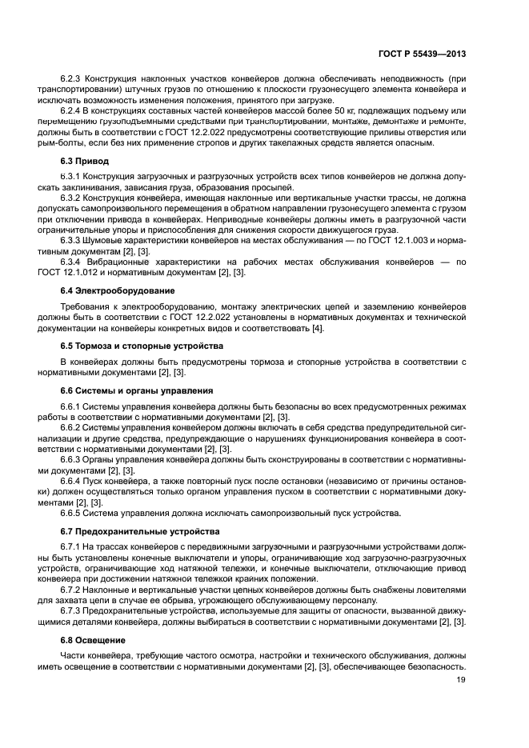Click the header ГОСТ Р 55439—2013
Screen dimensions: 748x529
[x=422, y=54]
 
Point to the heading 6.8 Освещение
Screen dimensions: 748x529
[x=94, y=640]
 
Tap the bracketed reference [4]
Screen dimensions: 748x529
[x=318, y=328]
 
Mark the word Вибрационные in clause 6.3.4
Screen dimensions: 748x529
[x=127, y=262]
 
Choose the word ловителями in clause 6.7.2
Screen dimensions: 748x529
[x=439, y=590]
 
